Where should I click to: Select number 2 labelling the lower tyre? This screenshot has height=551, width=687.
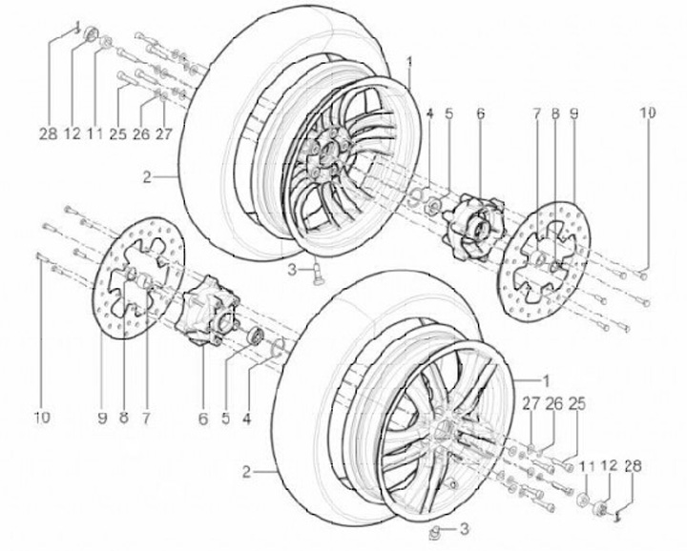point(247,472)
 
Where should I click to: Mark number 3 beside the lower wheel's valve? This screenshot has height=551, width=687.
point(465,528)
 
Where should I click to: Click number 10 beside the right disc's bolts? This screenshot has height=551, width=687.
point(648,112)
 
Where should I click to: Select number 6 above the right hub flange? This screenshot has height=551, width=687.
point(481,112)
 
